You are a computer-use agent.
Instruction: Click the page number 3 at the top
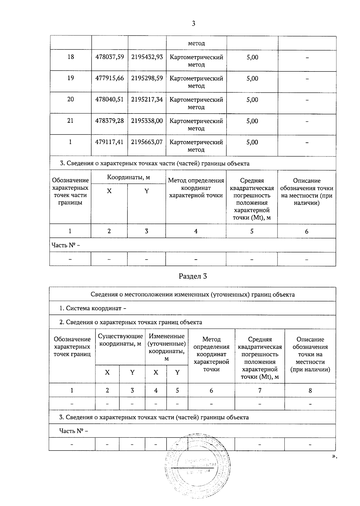tap(193, 24)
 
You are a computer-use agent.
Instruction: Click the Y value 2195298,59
tap(147, 78)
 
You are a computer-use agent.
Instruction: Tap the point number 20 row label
tap(70, 99)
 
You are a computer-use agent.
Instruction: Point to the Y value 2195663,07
tap(147, 142)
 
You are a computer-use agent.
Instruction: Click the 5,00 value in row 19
tap(252, 79)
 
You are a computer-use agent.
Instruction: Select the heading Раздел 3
tap(193, 276)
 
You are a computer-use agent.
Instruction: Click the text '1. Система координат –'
tap(93, 308)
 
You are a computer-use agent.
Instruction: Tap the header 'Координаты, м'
tap(128, 177)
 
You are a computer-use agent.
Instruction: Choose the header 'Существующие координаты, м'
tap(120, 340)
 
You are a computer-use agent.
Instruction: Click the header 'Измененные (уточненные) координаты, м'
tap(166, 347)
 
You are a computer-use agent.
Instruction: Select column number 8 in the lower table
tap(310, 390)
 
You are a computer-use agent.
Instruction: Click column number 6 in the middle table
tap(306, 231)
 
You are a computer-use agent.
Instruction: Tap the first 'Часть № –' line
tap(66, 245)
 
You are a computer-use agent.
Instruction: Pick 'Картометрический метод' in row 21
tap(196, 125)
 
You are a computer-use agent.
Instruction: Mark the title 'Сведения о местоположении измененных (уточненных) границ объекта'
tap(193, 294)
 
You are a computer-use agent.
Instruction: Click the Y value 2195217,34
tap(147, 99)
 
